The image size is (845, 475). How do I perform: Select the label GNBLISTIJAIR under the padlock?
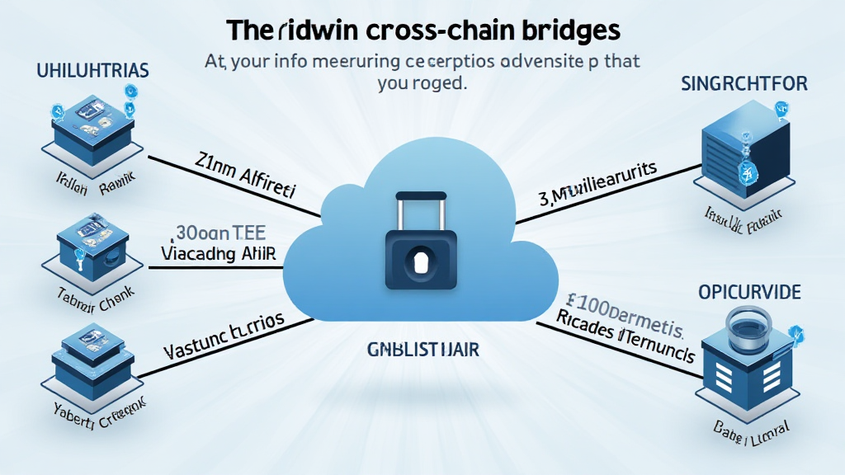(422, 350)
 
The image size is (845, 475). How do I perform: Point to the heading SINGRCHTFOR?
(744, 83)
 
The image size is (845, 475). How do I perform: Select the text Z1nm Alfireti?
(247, 172)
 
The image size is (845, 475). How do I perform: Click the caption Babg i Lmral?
(747, 427)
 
